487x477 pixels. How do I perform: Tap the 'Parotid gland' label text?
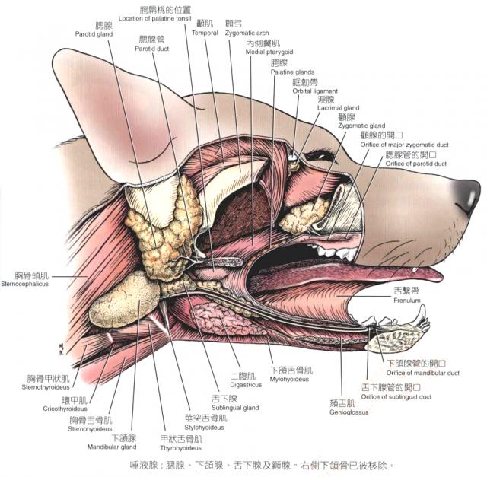(x=94, y=34)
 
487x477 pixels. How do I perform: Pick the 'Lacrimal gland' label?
(x=339, y=108)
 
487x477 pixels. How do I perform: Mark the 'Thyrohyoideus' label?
(x=181, y=448)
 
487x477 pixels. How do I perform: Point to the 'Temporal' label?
(x=205, y=33)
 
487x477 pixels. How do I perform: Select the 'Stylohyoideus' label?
(x=205, y=428)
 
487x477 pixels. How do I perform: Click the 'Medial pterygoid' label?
(x=264, y=52)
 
